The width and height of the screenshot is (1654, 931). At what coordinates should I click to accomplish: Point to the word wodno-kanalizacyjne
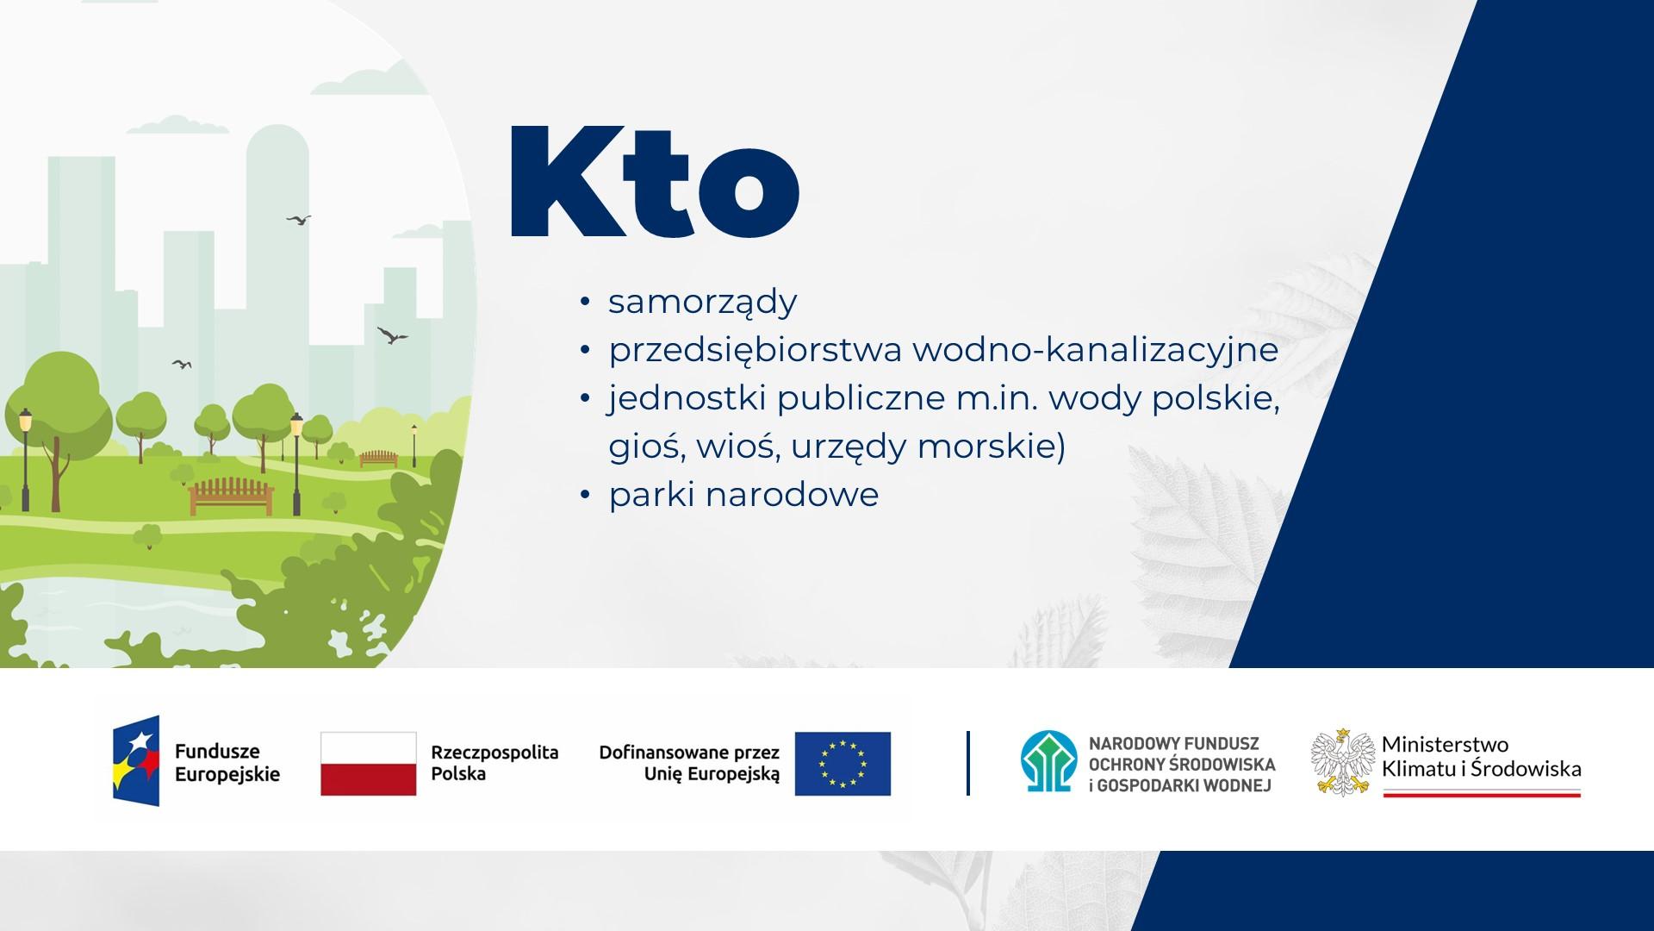click(x=1095, y=351)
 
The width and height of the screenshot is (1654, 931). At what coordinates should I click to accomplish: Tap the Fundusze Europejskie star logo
click(x=136, y=761)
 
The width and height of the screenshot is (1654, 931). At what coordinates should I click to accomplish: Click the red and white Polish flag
click(x=369, y=764)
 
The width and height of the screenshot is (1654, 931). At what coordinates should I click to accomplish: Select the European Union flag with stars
click(x=843, y=764)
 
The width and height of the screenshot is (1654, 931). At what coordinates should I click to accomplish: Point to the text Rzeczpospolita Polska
click(x=494, y=763)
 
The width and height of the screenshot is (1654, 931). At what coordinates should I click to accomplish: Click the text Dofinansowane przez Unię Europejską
click(x=689, y=764)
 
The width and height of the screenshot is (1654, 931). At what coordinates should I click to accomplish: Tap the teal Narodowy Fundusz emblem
click(x=1048, y=762)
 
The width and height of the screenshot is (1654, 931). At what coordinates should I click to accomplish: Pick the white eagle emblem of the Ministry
click(x=1342, y=763)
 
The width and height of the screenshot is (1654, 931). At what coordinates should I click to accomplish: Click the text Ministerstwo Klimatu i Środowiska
click(x=1482, y=757)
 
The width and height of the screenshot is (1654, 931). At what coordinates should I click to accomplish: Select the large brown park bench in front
click(x=231, y=497)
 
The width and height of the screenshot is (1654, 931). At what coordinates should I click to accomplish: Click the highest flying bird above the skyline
click(x=299, y=221)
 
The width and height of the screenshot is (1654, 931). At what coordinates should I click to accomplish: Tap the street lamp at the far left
click(x=25, y=459)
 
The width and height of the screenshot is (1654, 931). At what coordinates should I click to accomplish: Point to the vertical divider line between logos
click(x=968, y=763)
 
